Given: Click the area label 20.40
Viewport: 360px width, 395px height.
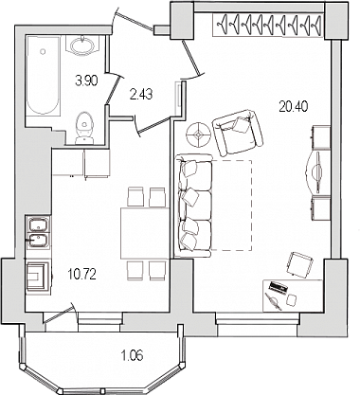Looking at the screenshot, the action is pyautogui.click(x=293, y=107).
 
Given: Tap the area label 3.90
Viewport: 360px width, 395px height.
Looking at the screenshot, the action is pyautogui.click(x=86, y=81).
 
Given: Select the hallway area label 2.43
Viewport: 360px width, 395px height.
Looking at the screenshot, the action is pyautogui.click(x=141, y=94).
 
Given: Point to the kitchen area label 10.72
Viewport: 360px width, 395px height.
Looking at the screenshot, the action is pyautogui.click(x=82, y=275).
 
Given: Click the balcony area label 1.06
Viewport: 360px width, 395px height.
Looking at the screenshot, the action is pyautogui.click(x=132, y=356).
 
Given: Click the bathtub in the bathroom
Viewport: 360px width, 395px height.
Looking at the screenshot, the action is pyautogui.click(x=43, y=75).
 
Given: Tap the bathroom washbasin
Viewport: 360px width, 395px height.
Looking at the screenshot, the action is pyautogui.click(x=83, y=45).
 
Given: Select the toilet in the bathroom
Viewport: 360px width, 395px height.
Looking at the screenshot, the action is pyautogui.click(x=84, y=128).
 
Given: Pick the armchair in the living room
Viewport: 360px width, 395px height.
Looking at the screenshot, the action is pyautogui.click(x=238, y=132).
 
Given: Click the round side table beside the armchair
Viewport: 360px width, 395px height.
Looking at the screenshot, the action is pyautogui.click(x=198, y=135).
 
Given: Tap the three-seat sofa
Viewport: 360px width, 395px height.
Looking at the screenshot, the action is pyautogui.click(x=194, y=206).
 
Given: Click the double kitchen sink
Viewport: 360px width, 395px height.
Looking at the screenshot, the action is pyautogui.click(x=39, y=232).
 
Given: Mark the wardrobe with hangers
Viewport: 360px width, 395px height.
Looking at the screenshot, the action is pyautogui.click(x=268, y=25).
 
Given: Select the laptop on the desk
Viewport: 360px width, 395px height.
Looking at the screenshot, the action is pyautogui.click(x=278, y=288).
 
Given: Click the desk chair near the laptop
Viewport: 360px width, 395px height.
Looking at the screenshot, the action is pyautogui.click(x=300, y=265).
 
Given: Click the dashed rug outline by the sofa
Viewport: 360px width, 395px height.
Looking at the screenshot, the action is pyautogui.click(x=231, y=206).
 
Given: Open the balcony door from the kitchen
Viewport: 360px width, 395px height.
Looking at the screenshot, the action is pyautogui.click(x=60, y=314).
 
